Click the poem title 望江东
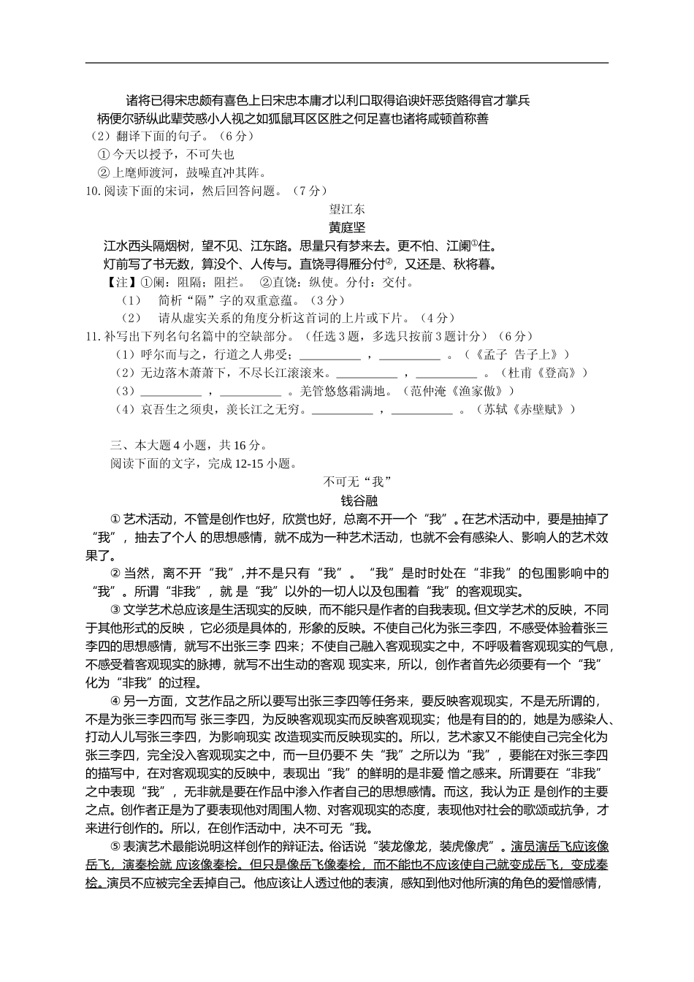point(347,209)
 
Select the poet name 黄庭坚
point(347,227)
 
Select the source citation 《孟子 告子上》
point(522,354)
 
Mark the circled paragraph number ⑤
point(115,847)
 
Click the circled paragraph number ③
point(115,610)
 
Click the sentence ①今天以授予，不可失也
point(166,155)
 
